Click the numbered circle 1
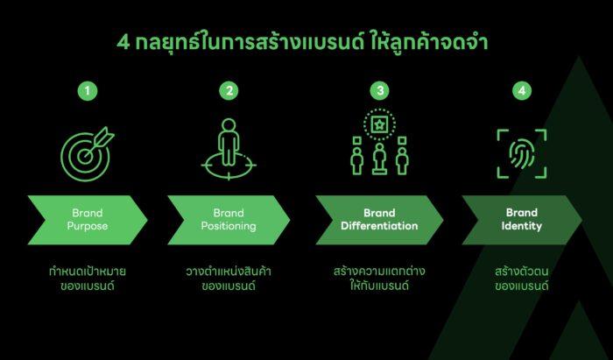[88, 91]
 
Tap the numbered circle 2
[229, 91]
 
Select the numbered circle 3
[379, 91]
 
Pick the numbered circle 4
[522, 91]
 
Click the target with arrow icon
[87, 153]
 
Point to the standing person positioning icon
[229, 149]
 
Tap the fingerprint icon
[522, 154]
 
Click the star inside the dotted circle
[379, 125]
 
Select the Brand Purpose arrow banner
[88, 220]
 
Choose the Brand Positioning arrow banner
[229, 220]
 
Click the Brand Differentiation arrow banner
[379, 220]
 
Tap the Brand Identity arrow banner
[522, 220]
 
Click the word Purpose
[88, 226]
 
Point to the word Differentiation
[379, 226]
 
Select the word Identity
[522, 226]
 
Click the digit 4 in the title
[123, 43]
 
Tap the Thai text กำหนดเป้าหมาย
[88, 271]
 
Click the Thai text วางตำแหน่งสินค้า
[229, 271]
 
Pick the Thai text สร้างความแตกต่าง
[379, 271]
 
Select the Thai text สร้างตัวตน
[522, 271]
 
